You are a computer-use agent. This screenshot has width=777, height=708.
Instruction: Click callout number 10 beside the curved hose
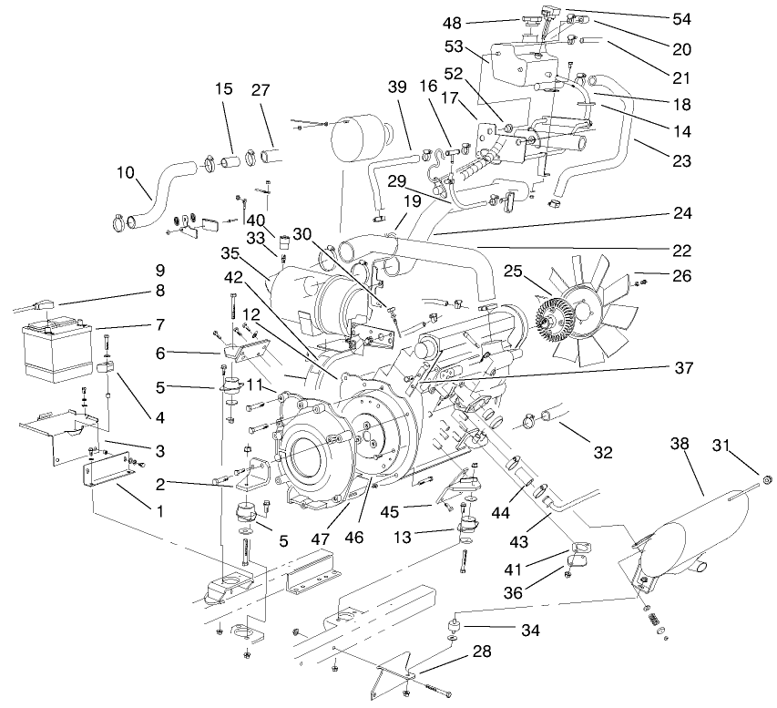coord(127,171)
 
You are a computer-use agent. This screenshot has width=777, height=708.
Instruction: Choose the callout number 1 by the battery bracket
coord(159,511)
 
